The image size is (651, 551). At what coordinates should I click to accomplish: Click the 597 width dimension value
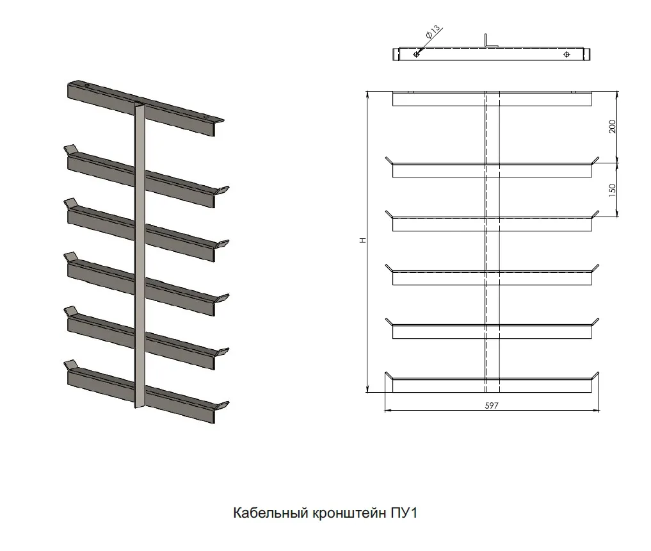[x=492, y=405]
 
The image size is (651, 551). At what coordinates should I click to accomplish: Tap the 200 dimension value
[x=613, y=126]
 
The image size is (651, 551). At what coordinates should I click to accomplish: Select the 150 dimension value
[x=613, y=190]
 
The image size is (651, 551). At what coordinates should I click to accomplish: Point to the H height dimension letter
[x=364, y=240]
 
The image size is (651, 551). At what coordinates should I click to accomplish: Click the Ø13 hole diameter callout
[x=433, y=31]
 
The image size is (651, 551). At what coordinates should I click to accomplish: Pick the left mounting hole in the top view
[x=417, y=54]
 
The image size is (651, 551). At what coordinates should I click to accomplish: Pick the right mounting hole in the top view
[x=567, y=54]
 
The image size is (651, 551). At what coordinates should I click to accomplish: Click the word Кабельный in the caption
[x=270, y=513]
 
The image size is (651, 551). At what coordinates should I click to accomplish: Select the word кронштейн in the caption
[x=349, y=514]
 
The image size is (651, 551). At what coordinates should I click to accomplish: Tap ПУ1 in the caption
[x=403, y=513]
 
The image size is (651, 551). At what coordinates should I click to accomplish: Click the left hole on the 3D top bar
[x=87, y=86]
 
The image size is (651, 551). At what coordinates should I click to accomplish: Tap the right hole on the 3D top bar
[x=205, y=118]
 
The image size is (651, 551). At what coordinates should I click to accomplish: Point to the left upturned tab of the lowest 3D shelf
[x=70, y=365]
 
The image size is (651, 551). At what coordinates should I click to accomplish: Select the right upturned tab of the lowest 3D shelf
[x=223, y=406]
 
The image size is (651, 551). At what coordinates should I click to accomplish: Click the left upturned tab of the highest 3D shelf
[x=70, y=149]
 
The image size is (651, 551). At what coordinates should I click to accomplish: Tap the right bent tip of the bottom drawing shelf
[x=595, y=375]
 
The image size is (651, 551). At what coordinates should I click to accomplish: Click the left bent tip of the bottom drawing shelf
[x=389, y=375]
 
